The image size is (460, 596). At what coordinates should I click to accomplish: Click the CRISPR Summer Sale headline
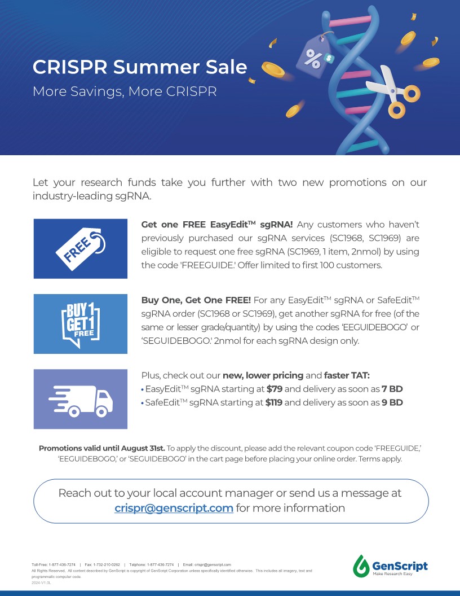(x=140, y=67)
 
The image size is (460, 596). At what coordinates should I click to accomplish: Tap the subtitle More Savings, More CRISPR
(x=125, y=91)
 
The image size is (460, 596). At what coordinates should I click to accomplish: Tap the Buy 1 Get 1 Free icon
(x=81, y=324)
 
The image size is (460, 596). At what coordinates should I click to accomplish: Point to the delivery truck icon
(x=81, y=401)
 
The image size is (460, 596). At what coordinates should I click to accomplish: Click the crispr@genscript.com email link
(x=174, y=508)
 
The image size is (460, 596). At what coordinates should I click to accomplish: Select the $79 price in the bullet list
(x=275, y=389)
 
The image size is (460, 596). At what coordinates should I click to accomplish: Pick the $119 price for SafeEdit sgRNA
(x=273, y=402)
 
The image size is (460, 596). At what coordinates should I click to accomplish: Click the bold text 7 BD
(x=392, y=389)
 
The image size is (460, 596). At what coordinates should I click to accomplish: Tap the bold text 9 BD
(x=392, y=402)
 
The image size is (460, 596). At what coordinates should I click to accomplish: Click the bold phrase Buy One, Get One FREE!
(x=196, y=300)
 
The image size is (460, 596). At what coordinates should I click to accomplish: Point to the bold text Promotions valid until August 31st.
(x=101, y=448)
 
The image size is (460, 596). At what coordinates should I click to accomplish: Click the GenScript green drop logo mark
(x=361, y=566)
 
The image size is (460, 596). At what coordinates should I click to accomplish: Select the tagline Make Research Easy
(x=392, y=573)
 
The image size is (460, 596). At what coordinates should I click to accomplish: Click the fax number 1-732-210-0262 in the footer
(x=107, y=565)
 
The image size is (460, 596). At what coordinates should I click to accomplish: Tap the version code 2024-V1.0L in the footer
(x=41, y=582)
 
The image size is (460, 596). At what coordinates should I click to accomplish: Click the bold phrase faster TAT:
(x=347, y=375)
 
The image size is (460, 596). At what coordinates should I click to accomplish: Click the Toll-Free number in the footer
(x=54, y=565)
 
